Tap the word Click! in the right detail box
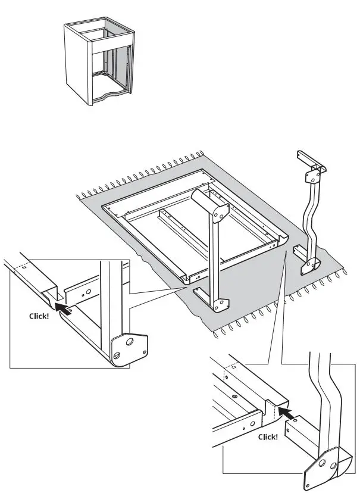(x=268, y=436)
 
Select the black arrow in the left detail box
(x=61, y=307)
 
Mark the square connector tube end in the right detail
(x=296, y=430)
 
